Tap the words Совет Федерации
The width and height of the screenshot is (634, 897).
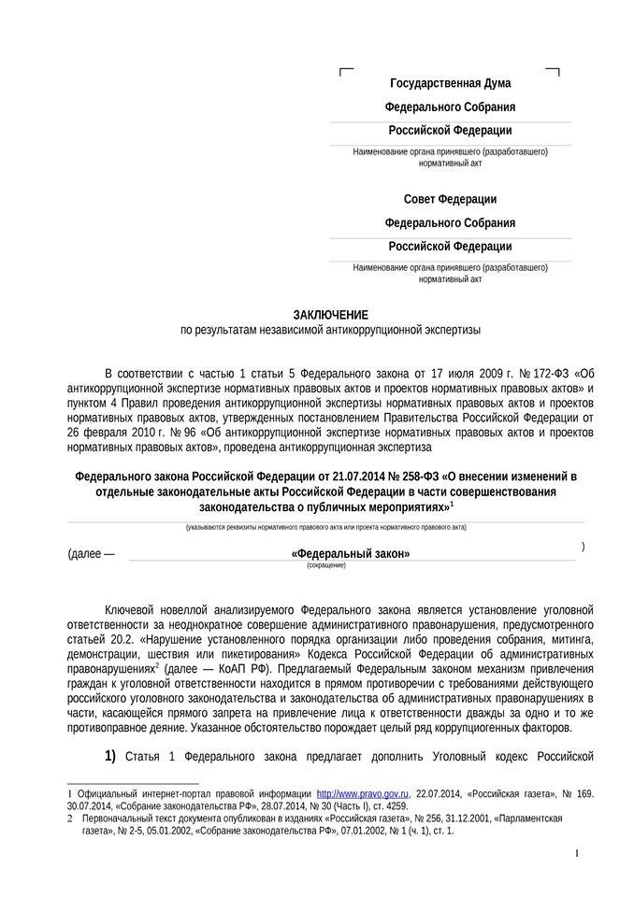click(x=450, y=199)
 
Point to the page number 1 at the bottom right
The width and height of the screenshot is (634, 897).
click(x=576, y=853)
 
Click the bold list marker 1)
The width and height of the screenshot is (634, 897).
click(x=110, y=756)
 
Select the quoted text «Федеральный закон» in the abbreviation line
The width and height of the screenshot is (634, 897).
click(x=351, y=553)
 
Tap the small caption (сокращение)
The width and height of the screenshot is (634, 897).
click(x=325, y=565)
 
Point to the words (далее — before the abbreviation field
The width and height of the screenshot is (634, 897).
click(x=92, y=553)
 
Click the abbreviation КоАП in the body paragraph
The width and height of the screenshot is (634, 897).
click(x=236, y=669)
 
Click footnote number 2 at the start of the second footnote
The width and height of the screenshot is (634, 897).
click(x=71, y=818)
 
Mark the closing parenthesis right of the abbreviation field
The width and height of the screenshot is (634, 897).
click(x=583, y=547)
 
